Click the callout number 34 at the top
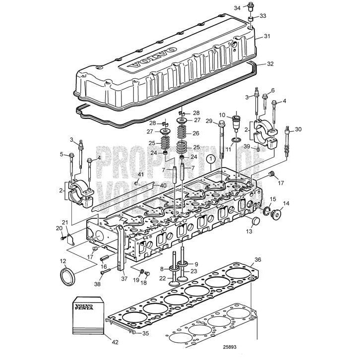(238, 7)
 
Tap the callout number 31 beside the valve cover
(267, 36)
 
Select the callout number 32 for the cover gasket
(270, 63)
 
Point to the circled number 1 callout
(211, 159)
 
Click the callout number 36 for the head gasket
(257, 259)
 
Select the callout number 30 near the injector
(298, 129)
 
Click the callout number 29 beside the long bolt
(209, 121)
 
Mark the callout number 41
(140, 175)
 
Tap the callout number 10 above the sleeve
(222, 115)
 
